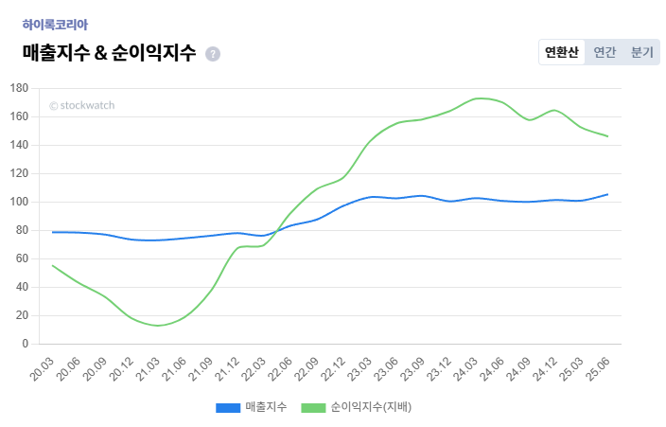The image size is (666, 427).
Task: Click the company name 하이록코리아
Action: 55,25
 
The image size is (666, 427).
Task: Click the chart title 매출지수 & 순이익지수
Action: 109,53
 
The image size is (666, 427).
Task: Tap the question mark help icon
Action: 213,54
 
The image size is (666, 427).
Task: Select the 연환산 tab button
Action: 561,52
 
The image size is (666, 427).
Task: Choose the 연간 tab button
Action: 605,52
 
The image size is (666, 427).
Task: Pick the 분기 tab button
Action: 641,52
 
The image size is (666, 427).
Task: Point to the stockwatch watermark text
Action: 81,105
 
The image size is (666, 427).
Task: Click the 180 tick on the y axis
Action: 19,88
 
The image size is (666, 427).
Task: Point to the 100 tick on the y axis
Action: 19,202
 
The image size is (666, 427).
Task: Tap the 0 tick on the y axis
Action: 26,344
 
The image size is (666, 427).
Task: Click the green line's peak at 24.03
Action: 482,98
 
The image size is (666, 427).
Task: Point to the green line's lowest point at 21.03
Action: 158,326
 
